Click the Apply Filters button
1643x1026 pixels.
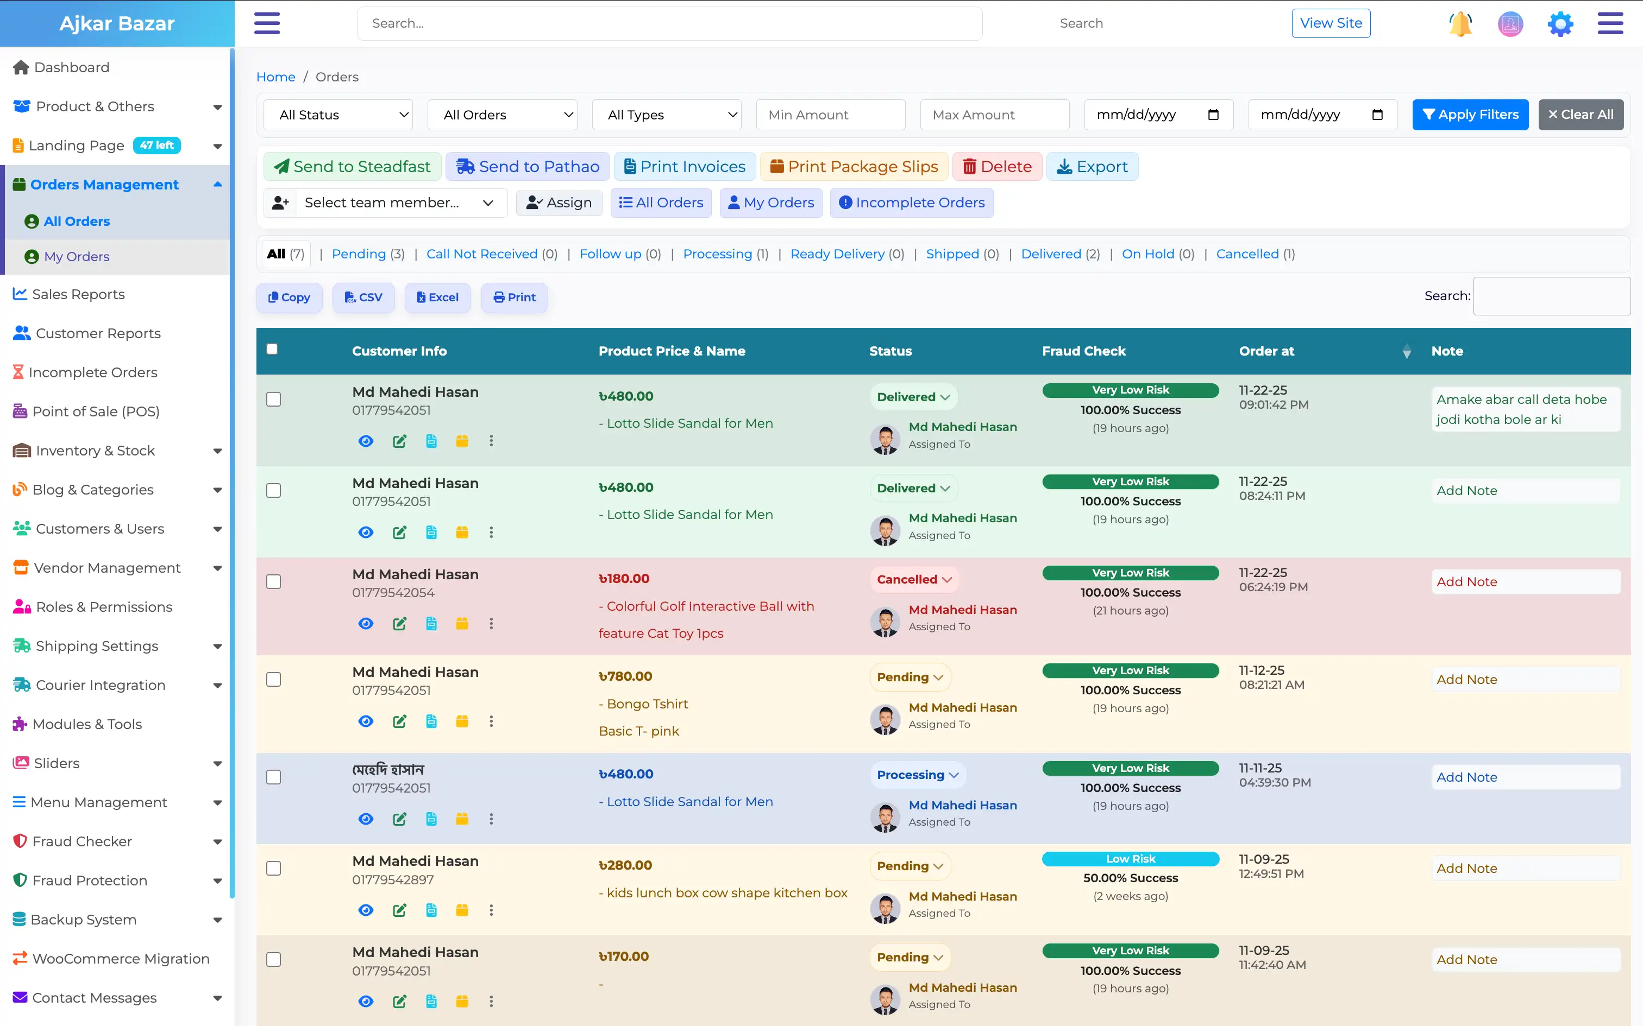(x=1470, y=115)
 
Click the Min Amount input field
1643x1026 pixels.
(x=830, y=115)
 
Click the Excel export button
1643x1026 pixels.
(x=437, y=297)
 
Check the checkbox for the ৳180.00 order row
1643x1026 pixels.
(x=274, y=581)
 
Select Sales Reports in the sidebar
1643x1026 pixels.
(x=78, y=294)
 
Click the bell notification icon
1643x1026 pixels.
(x=1460, y=24)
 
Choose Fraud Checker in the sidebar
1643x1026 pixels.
(x=82, y=841)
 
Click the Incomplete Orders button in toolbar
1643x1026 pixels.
(x=911, y=203)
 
